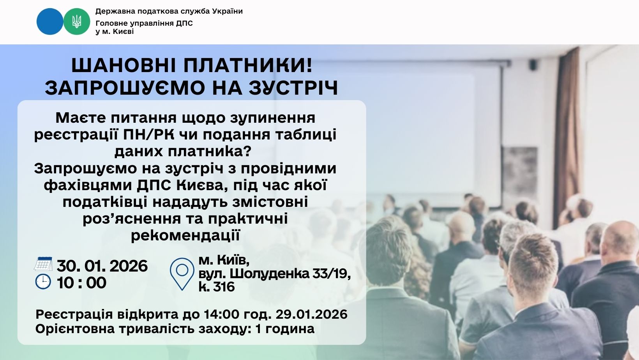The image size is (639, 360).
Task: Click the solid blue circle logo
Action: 50,21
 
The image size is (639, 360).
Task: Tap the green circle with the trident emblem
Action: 76,21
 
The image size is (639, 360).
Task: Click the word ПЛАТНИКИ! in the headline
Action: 248,65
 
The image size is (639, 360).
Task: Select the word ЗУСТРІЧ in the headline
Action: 293,88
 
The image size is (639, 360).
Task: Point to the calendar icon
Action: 43,264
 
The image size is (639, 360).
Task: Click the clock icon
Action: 43,282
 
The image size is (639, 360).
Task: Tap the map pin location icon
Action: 182,274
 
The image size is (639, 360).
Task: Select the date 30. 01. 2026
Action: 102,266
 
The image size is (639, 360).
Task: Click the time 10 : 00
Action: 81,283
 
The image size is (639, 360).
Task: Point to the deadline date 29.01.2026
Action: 312,314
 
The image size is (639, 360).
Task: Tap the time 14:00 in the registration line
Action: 222,314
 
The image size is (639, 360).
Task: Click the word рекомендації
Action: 185,235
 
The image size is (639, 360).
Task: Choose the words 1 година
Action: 285,329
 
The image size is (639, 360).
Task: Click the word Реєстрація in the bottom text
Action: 74,314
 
